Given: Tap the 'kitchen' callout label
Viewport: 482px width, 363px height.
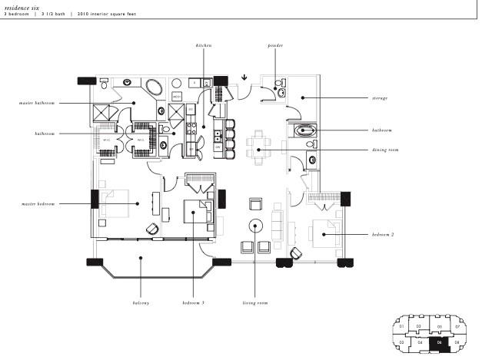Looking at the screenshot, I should coord(203,46).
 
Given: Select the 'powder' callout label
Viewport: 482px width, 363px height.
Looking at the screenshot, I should coord(275,46).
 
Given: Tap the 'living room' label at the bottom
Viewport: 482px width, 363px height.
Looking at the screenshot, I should coord(255,303).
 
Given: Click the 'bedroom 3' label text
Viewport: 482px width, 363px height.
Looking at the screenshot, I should coord(193,303).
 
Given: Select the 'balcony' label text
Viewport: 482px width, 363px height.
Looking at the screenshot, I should coord(140,303).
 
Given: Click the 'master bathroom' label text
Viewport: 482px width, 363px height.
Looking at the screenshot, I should coord(38,103).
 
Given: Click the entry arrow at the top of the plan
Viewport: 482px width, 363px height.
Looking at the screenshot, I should coord(244,77).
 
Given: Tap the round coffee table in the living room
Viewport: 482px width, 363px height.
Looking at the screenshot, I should coord(255,226).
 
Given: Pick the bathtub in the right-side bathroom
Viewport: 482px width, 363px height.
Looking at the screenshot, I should coord(306,131).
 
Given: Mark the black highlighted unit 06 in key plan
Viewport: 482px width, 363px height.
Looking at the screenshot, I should coord(440,344).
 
